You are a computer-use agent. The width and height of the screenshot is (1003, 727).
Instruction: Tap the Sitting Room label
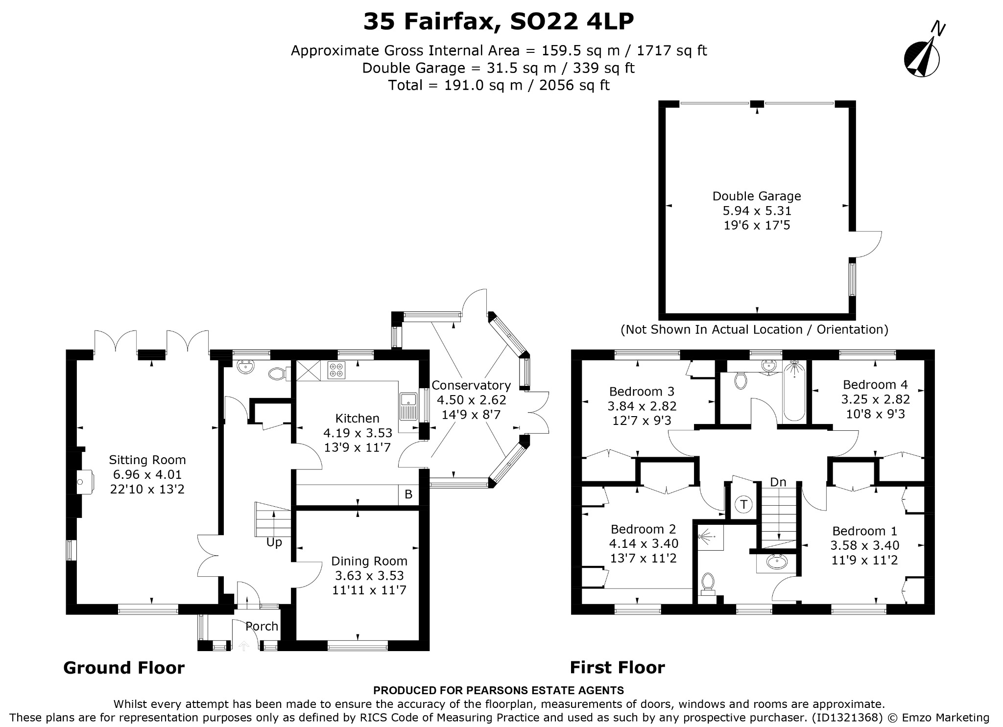click(x=147, y=460)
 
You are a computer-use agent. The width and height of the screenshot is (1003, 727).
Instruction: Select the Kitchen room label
click(x=358, y=419)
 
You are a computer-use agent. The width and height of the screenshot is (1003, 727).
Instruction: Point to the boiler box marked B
click(x=408, y=494)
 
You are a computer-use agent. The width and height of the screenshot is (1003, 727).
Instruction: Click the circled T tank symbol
click(x=744, y=504)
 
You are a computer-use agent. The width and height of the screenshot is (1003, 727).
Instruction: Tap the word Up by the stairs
click(x=274, y=543)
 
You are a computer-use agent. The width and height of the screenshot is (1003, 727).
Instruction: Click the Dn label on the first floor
click(x=778, y=482)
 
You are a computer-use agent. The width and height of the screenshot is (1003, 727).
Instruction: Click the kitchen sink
click(x=408, y=406)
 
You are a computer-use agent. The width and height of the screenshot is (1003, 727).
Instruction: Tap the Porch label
click(x=262, y=626)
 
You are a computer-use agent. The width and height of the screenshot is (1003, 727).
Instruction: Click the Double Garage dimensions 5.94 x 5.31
click(x=757, y=211)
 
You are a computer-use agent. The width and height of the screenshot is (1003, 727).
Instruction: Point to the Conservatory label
click(x=471, y=386)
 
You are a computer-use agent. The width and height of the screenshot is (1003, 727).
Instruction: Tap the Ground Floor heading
click(x=124, y=668)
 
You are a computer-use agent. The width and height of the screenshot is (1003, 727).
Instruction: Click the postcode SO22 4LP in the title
click(x=572, y=22)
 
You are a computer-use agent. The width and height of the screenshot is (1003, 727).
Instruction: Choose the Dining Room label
click(x=369, y=561)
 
